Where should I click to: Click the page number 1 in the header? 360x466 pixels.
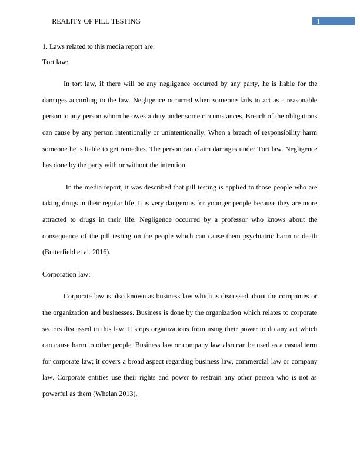[318, 22]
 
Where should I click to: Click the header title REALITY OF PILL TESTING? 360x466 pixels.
[96, 22]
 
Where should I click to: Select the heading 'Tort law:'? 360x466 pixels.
[55, 61]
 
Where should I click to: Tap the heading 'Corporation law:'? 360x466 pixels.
[66, 274]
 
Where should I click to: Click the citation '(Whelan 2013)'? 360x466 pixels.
[115, 394]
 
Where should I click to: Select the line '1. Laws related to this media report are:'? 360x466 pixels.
[99, 47]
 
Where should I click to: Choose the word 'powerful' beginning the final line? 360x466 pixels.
[56, 394]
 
